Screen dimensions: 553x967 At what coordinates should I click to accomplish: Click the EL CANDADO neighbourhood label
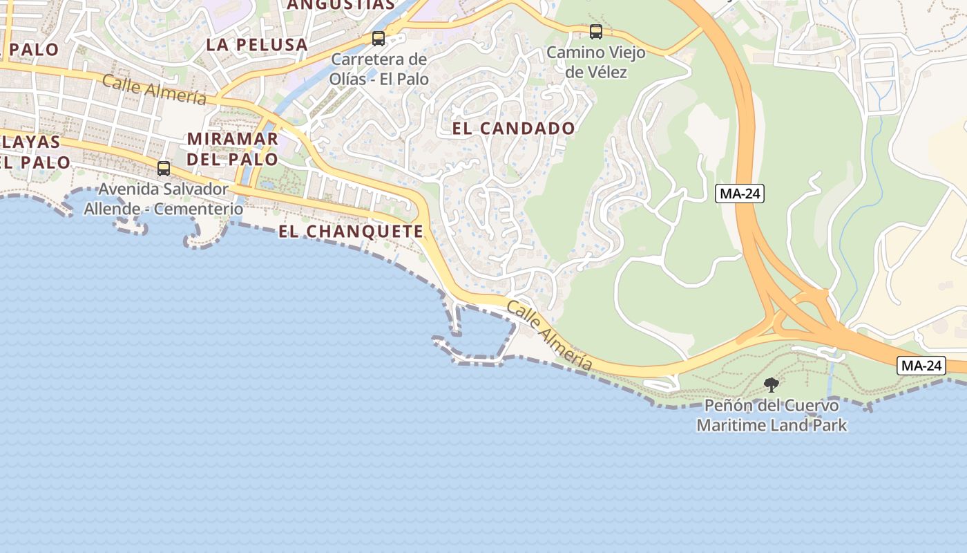point(513,129)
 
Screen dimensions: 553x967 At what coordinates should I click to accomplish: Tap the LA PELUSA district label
point(257,45)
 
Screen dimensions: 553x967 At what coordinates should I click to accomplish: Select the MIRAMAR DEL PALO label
point(233,149)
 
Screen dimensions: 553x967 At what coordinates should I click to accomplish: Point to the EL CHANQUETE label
point(351,232)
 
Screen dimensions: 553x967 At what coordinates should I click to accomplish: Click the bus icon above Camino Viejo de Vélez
point(595,32)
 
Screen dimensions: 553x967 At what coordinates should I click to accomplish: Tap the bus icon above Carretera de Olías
point(379,39)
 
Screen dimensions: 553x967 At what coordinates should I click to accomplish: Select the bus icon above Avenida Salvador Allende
point(164,169)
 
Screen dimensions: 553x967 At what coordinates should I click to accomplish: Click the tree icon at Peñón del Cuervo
point(771,385)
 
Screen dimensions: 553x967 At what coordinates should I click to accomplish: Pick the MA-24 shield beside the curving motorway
point(739,194)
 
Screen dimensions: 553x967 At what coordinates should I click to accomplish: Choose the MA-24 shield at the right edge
point(921,366)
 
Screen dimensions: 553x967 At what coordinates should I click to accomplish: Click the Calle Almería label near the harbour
point(550,335)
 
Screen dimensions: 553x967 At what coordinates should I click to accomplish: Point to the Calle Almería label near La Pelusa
point(154,90)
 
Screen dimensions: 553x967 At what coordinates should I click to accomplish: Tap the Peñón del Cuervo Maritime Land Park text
point(772,415)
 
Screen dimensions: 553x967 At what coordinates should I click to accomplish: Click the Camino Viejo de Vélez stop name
point(595,62)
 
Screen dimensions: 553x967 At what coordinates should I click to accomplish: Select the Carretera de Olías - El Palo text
point(379,69)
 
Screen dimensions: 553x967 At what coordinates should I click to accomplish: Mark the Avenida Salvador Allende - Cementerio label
point(164,198)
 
